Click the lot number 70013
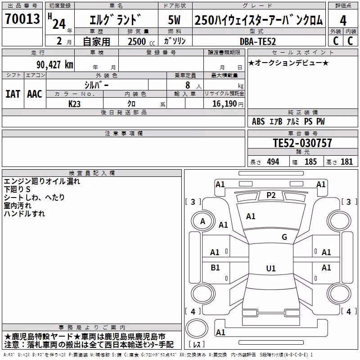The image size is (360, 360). point(22,18)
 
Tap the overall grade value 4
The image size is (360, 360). point(343,20)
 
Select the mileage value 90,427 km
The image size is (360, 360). point(54,65)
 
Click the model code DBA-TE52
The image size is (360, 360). point(257,41)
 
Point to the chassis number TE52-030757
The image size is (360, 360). point(302,143)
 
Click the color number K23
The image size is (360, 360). point(74,104)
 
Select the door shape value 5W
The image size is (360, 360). point(174,20)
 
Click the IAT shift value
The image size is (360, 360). point(13,94)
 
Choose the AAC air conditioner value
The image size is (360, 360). point(35,94)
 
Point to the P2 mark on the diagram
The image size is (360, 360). point(271,195)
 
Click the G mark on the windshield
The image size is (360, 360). point(284,237)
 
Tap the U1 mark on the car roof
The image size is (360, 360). point(271,268)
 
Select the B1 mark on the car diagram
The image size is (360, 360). point(215,267)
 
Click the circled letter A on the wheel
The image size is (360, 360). point(202,221)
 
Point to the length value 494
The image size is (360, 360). point(273,162)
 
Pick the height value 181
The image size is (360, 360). point(346,162)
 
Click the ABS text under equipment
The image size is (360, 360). point(258,121)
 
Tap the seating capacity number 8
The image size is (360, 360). point(188,85)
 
